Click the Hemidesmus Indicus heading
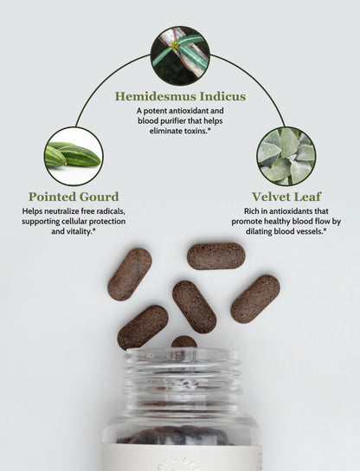180,96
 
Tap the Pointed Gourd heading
74,197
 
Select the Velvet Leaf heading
286,197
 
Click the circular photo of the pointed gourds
74,156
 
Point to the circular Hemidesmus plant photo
180,55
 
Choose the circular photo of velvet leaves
286,156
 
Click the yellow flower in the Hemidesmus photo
175,45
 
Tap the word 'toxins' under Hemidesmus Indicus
195,131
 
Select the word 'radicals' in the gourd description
110,211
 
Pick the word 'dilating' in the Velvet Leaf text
259,231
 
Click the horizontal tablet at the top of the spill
216,256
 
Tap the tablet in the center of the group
194,307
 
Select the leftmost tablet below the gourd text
130,274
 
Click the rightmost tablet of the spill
255,300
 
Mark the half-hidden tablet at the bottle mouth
184,342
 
